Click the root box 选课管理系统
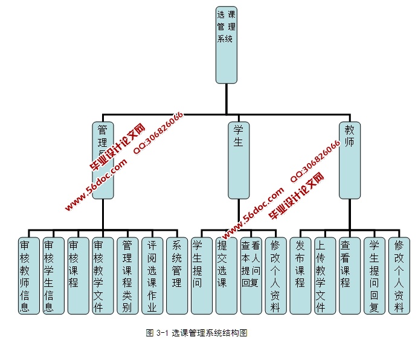[x=226, y=45]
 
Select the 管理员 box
[x=103, y=160]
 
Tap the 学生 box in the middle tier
[x=238, y=160]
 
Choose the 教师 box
[x=349, y=160]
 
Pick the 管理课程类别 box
[x=127, y=275]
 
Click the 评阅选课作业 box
[x=152, y=275]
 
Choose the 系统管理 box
[x=177, y=275]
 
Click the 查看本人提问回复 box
[x=251, y=275]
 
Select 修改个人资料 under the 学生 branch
[x=275, y=275]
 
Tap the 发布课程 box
[x=300, y=275]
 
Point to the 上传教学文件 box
[x=325, y=275]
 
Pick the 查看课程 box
[x=350, y=275]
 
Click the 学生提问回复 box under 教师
[x=375, y=275]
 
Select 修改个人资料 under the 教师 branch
[x=399, y=275]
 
